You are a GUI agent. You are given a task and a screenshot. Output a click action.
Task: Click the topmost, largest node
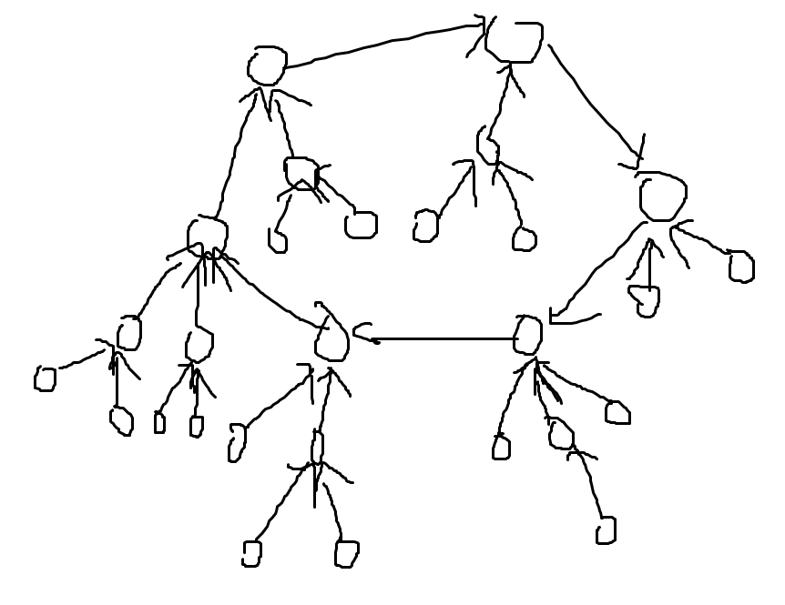pos(515,40)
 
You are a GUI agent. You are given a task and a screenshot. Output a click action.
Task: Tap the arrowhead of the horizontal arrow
pos(372,339)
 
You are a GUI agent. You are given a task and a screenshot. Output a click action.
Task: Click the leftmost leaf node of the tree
pos(45,378)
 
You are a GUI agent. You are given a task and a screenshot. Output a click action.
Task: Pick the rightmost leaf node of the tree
pos(741,267)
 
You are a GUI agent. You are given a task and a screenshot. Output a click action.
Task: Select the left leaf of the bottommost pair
pos(251,553)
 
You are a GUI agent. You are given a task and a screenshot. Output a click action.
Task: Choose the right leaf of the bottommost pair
pos(346,553)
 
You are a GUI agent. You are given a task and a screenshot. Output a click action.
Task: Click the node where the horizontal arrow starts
pos(527,335)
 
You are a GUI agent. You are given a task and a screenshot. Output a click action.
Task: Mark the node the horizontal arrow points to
pos(331,340)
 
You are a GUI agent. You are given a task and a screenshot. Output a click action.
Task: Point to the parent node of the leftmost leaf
pos(129,333)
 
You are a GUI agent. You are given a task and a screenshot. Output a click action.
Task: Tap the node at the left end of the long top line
pos(267,66)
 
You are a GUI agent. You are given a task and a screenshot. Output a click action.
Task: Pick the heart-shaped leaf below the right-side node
pos(646,299)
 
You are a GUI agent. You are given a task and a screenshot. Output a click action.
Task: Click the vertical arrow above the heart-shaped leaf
pos(649,264)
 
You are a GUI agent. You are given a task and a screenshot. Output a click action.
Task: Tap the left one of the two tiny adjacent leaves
pos(160,423)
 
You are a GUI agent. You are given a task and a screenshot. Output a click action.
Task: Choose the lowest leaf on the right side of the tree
pos(606,529)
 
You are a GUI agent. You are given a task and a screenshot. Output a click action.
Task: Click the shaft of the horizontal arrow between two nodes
pos(446,339)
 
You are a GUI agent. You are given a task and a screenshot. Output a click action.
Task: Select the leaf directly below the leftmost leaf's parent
pos(121,421)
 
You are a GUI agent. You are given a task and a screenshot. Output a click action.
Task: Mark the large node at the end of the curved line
pos(662,197)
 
